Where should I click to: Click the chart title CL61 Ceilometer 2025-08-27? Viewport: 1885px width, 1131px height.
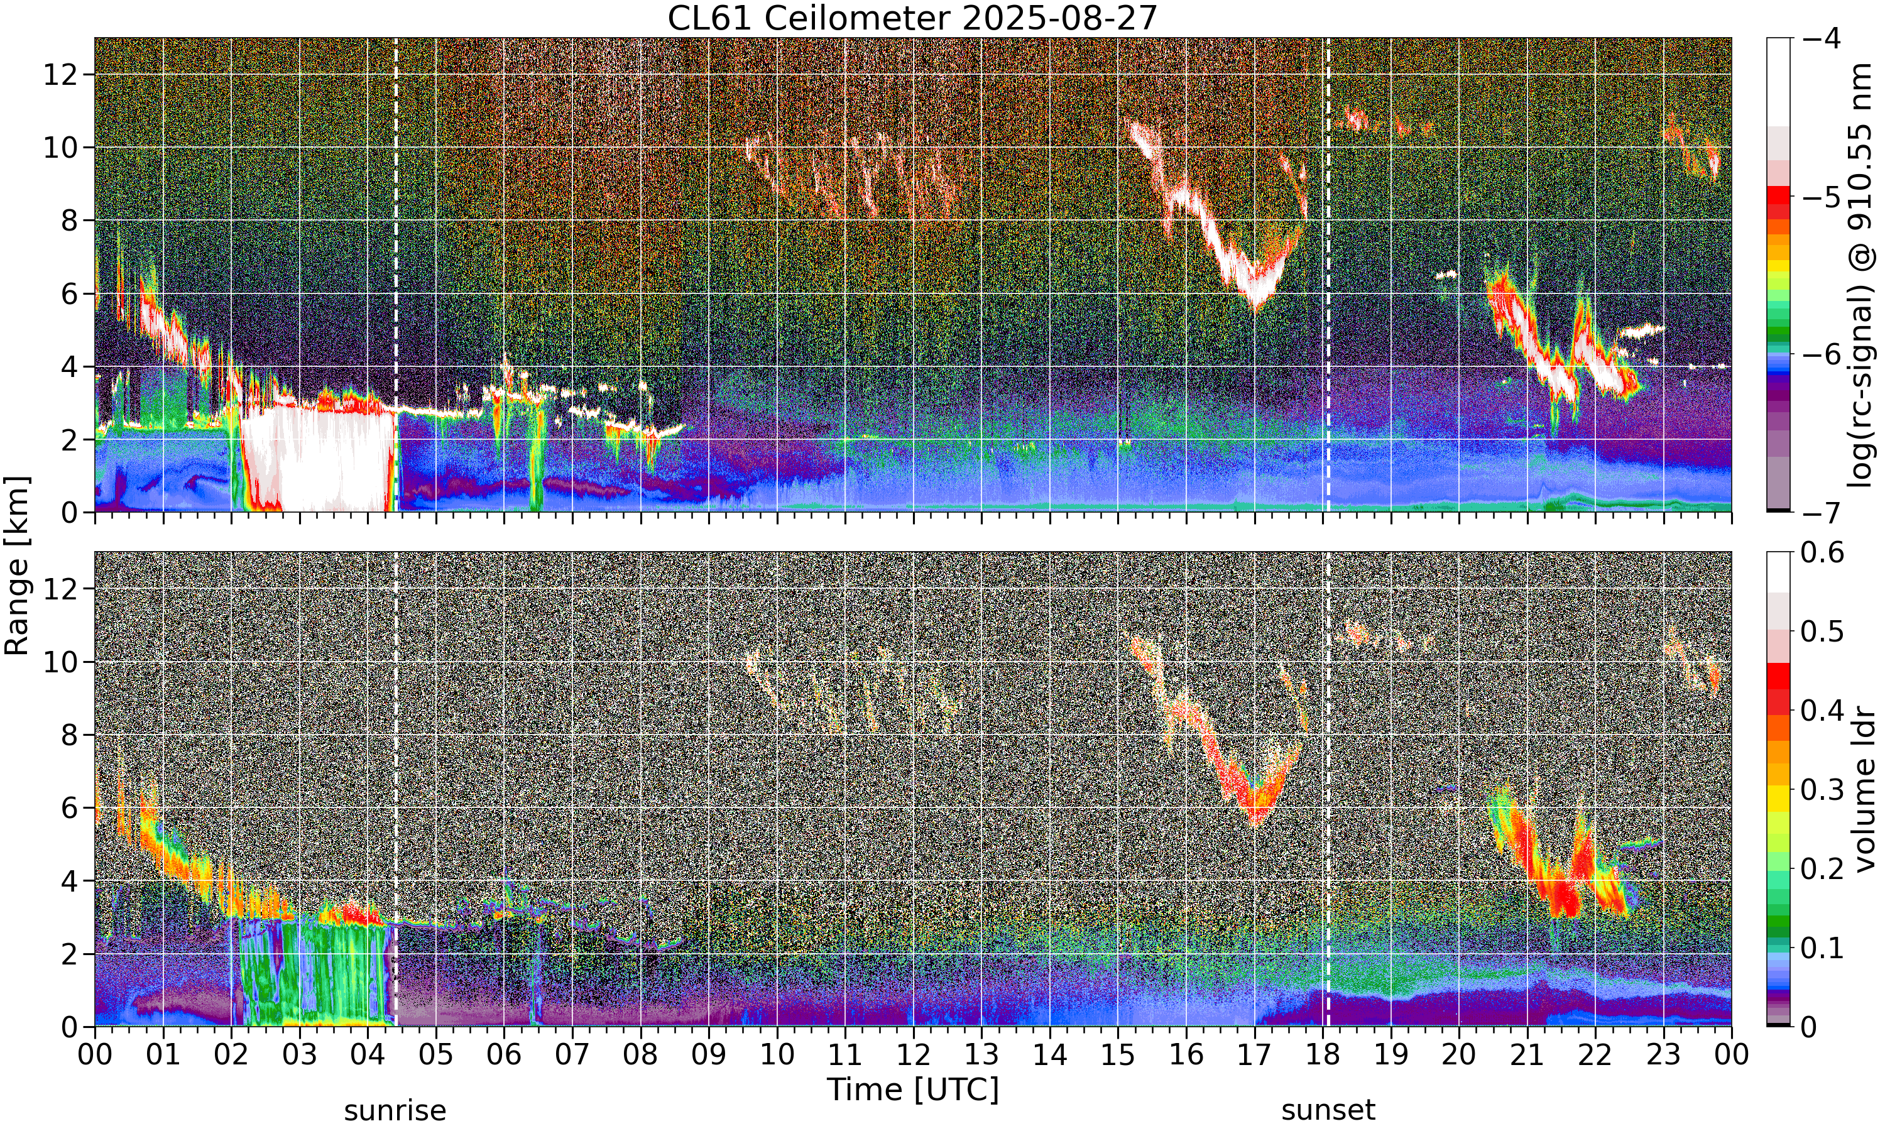click(912, 18)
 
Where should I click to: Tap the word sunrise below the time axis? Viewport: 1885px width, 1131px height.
click(395, 1110)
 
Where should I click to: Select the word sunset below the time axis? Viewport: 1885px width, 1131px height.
click(1328, 1110)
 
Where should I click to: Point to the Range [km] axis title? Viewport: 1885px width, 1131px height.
click(17, 565)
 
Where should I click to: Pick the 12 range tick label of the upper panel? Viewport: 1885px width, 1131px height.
click(60, 75)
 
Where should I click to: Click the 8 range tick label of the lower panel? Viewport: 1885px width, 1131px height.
click(69, 735)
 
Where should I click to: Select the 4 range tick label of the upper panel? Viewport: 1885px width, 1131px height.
click(69, 366)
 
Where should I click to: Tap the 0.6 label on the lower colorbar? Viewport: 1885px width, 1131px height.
click(1823, 552)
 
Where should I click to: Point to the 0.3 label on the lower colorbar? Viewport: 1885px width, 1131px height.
click(1823, 790)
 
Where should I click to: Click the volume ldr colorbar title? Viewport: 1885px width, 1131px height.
click(1864, 790)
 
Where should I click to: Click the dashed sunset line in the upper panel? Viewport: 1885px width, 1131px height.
click(1328, 275)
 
